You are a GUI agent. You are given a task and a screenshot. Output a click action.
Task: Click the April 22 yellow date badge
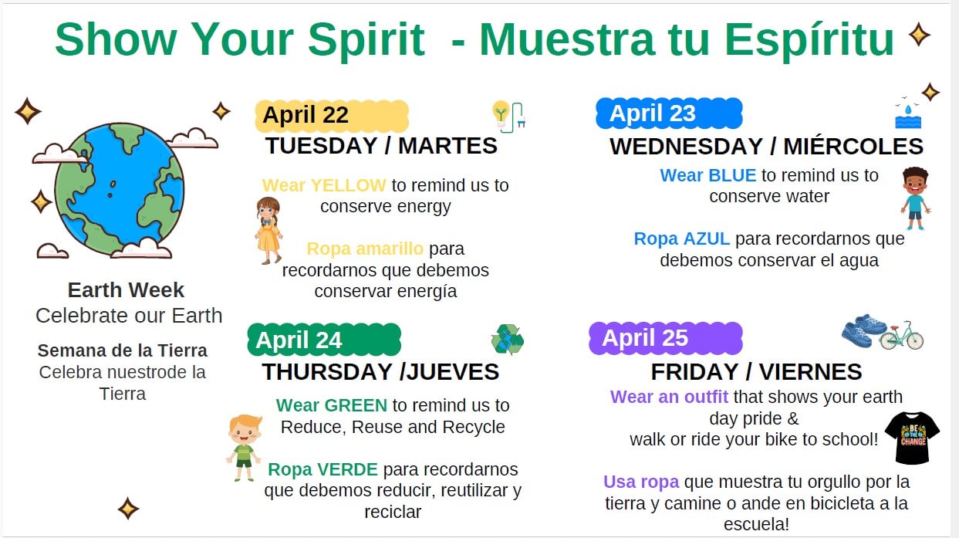tap(332, 116)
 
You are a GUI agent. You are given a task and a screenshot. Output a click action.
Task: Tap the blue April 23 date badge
tap(669, 113)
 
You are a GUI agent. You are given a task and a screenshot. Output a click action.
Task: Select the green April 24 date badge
tap(324, 340)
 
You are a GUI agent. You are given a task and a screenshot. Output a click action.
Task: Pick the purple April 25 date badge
tap(666, 338)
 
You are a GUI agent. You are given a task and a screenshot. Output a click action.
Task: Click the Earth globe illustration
tap(120, 190)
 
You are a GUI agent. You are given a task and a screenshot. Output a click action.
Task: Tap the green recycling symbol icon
tap(508, 340)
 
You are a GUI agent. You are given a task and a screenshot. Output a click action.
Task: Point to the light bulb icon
tap(501, 113)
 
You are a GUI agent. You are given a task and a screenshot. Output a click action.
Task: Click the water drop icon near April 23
tap(908, 110)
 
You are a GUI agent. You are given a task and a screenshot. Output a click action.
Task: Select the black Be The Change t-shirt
tap(912, 438)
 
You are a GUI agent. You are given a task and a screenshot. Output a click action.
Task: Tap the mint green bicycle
tap(901, 336)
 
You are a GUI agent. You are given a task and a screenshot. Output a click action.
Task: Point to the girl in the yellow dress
tap(268, 231)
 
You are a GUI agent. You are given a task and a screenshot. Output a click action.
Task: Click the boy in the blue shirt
tap(915, 198)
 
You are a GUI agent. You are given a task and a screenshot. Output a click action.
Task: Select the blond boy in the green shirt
tap(244, 448)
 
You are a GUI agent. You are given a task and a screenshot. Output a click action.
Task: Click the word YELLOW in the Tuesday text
tap(348, 185)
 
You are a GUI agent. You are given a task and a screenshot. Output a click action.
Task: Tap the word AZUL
tap(706, 239)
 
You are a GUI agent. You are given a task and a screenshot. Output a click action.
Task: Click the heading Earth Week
tap(126, 290)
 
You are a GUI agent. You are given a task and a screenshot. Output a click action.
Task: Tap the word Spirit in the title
tap(366, 39)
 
